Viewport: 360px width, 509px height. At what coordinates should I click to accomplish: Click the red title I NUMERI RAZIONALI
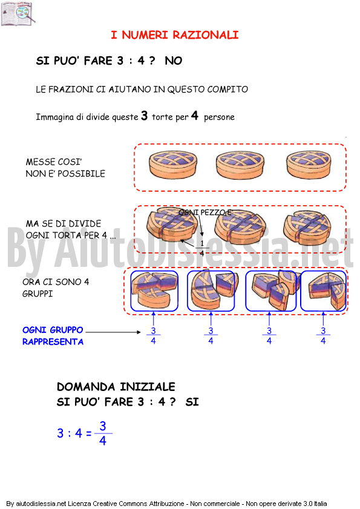click(x=175, y=34)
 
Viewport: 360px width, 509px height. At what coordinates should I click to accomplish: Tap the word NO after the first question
click(x=174, y=61)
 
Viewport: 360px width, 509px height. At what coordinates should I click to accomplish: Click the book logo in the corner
click(x=18, y=13)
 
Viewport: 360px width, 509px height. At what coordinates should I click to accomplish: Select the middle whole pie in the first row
click(x=240, y=165)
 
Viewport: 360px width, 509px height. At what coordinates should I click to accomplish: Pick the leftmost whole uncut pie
click(x=173, y=165)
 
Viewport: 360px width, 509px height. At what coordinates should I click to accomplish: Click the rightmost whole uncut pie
click(x=309, y=165)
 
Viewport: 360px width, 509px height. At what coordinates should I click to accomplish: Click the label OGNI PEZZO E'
click(x=206, y=212)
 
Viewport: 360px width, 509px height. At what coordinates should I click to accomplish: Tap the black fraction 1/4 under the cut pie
click(x=202, y=248)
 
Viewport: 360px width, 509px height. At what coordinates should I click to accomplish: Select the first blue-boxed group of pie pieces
click(x=154, y=291)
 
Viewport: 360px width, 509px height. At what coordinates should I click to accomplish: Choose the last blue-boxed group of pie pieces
click(x=323, y=291)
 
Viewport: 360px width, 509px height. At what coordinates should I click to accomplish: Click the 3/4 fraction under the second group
click(x=211, y=335)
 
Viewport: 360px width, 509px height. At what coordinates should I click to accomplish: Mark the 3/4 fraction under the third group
click(x=269, y=335)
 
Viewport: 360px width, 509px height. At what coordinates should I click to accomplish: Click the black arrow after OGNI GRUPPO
click(x=113, y=332)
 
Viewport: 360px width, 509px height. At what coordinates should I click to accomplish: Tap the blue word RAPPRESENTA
click(x=53, y=342)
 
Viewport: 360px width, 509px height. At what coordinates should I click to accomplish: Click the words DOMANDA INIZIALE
click(x=116, y=387)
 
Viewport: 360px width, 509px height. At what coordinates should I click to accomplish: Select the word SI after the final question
click(x=192, y=402)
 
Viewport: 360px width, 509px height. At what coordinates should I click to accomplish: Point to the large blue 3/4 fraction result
click(x=103, y=433)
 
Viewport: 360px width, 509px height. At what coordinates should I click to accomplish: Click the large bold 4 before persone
click(x=194, y=115)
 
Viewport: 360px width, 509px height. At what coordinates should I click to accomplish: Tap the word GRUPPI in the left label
click(x=38, y=294)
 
